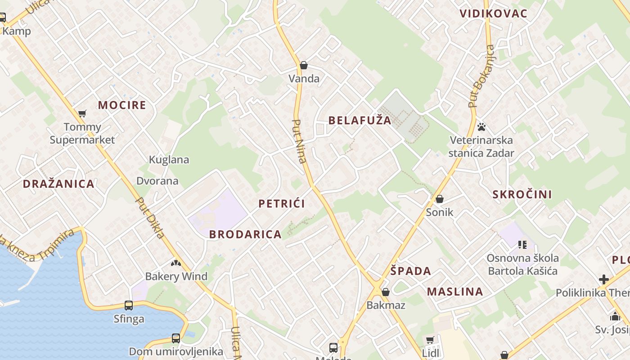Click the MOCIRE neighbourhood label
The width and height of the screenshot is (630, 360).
tap(122, 105)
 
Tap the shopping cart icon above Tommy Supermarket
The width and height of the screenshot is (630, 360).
tap(82, 113)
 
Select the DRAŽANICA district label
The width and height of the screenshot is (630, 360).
tap(58, 184)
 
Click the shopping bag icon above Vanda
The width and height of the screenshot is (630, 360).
tap(304, 66)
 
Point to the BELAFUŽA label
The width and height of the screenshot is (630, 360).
tap(360, 120)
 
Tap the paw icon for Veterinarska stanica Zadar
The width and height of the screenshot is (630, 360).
tap(481, 127)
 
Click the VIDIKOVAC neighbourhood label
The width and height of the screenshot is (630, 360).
tap(493, 13)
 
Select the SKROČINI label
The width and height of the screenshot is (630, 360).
tap(522, 194)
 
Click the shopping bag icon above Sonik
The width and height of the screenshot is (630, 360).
tap(440, 199)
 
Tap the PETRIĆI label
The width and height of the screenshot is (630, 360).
tap(282, 203)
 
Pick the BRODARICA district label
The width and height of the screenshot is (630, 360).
tap(245, 234)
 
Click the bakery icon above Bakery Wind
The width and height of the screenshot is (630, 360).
tap(176, 263)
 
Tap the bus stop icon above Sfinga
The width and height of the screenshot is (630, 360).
tap(129, 306)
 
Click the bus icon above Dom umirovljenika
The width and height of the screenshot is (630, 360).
tap(176, 338)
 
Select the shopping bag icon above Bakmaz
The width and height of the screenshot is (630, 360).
tap(386, 292)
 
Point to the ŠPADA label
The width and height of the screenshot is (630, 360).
tap(410, 271)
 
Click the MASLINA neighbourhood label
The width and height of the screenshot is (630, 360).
tap(455, 292)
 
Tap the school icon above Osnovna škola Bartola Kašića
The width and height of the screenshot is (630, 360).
tap(522, 245)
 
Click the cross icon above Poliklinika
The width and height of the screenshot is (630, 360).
tap(603, 279)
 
